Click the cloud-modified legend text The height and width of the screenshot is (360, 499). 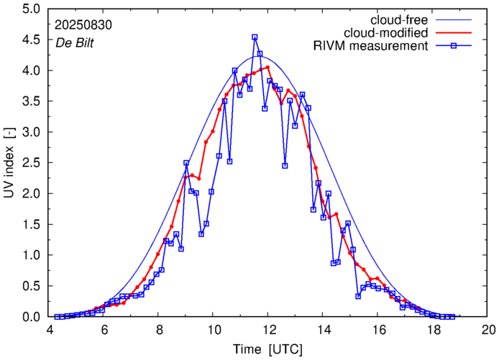pos(387,32)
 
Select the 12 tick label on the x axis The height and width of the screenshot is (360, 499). pos(269,330)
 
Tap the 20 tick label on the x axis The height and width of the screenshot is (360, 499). pos(488,330)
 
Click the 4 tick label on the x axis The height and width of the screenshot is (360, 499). pos(50,330)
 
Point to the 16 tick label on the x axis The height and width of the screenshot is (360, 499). pos(379,330)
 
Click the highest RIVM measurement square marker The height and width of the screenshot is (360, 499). pos(255,37)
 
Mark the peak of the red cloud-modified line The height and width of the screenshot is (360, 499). pos(267,68)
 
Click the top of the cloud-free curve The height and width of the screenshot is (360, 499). pos(261,56)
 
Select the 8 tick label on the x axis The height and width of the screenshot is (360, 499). pos(159,330)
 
